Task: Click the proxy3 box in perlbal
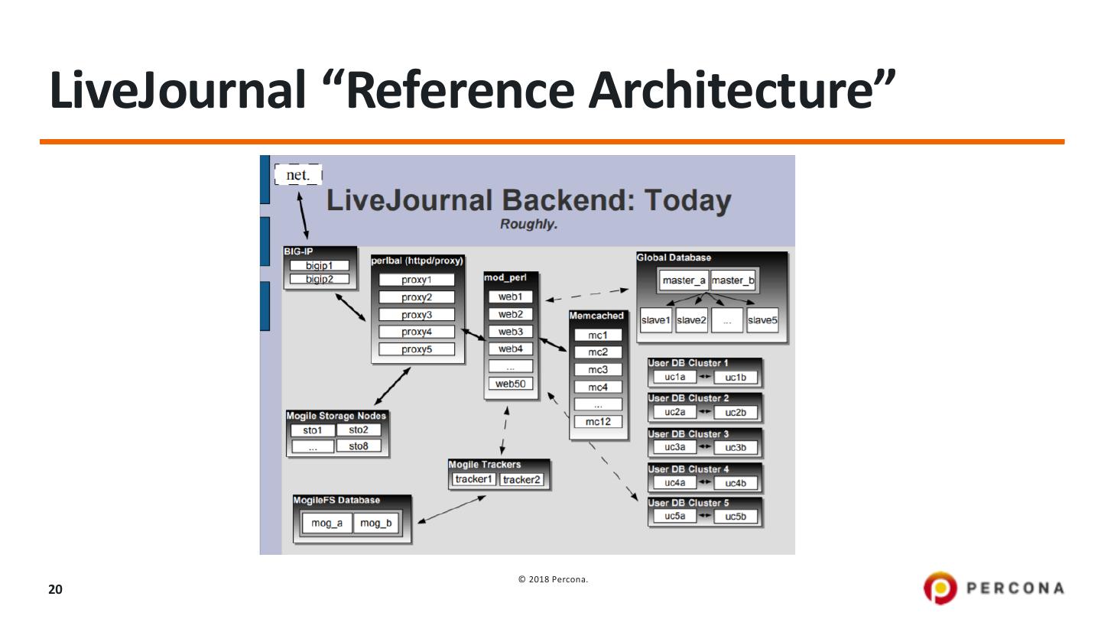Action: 417,315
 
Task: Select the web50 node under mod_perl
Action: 510,384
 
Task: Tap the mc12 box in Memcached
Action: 598,421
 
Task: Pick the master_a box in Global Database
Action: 684,280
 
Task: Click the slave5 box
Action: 762,320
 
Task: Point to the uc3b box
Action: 736,448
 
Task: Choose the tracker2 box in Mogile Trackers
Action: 521,479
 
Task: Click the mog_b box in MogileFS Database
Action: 375,523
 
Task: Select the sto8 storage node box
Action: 359,446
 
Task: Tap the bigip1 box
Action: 319,265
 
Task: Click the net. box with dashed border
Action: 298,175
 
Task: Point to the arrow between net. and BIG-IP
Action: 304,217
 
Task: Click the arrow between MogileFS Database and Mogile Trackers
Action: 452,510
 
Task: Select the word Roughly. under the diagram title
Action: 528,225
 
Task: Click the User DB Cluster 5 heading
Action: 688,503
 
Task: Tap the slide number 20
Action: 55,589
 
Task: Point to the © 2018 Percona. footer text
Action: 553,579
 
